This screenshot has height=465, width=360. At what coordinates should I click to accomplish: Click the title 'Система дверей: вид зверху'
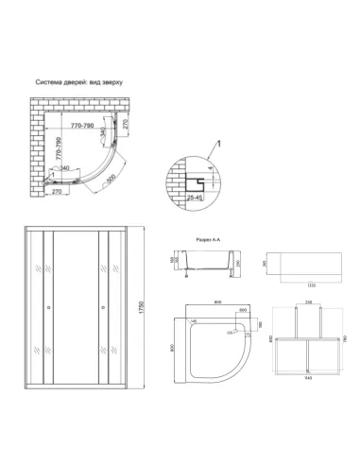79,82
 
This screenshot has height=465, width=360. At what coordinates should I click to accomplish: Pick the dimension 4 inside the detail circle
208,172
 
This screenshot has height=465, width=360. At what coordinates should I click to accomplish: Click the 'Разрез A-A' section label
208,242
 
